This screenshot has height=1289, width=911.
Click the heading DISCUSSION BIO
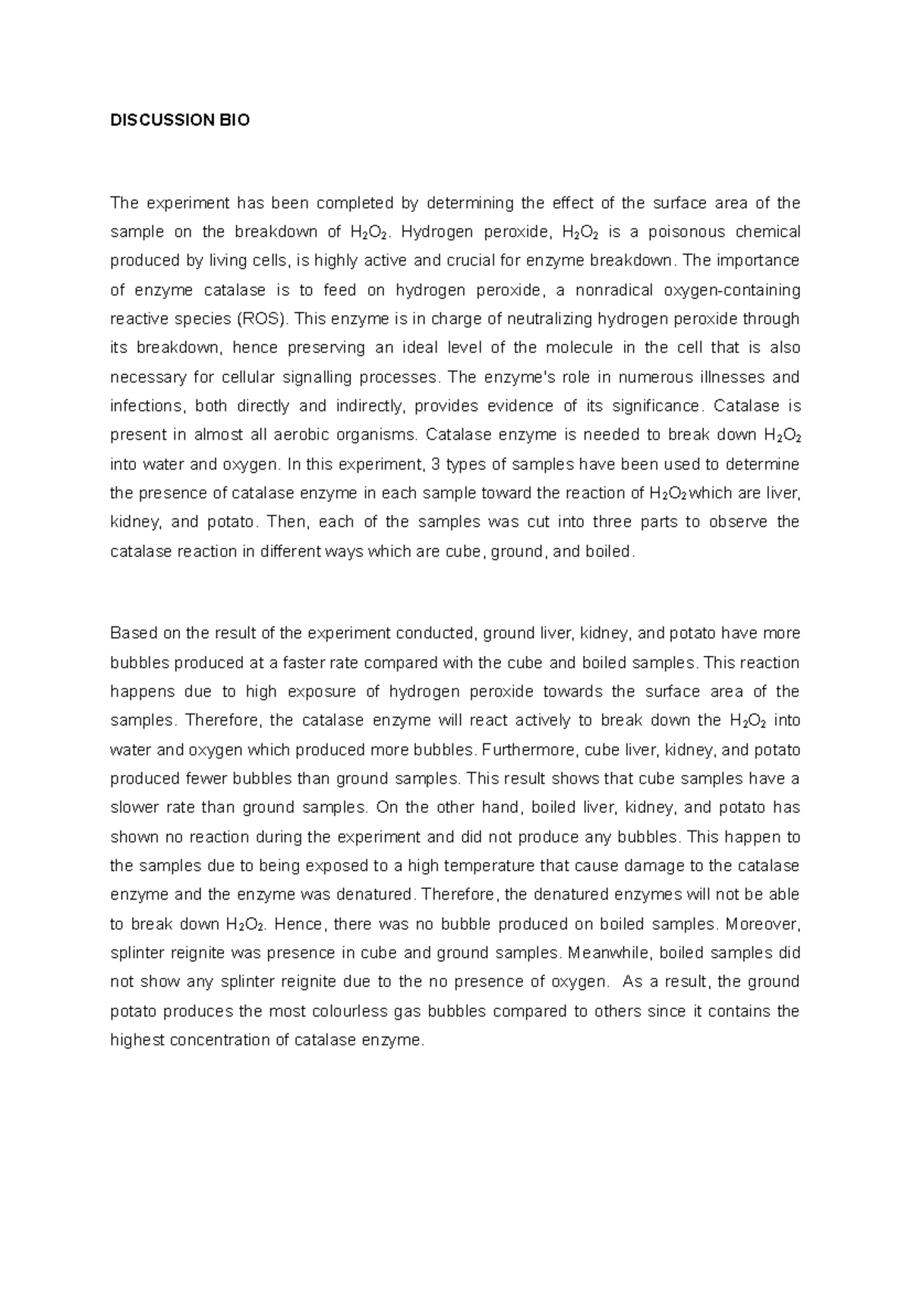pyautogui.click(x=180, y=120)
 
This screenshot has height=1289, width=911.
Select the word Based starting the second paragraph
pyautogui.click(x=131, y=633)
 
